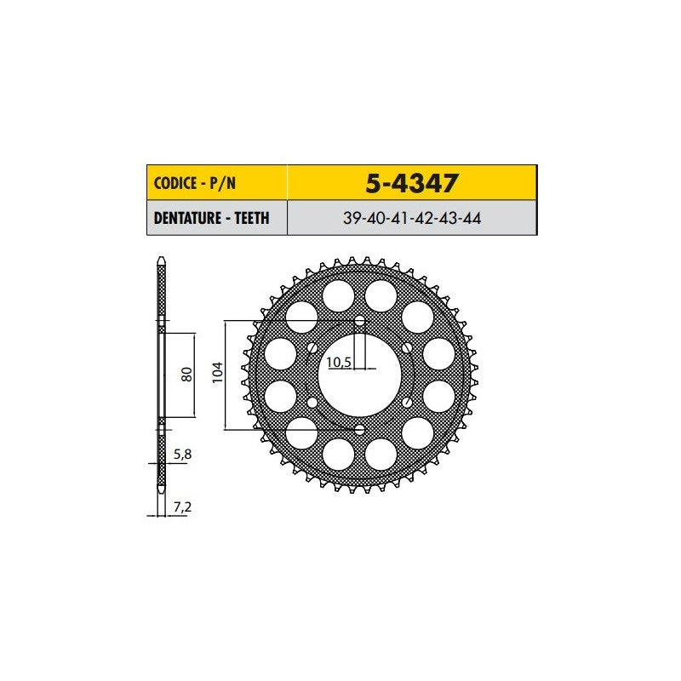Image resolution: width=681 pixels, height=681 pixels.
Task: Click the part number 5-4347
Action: click(x=411, y=183)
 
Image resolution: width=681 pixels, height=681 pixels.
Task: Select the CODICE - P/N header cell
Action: click(x=217, y=183)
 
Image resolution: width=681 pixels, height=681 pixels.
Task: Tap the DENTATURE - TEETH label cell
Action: click(x=217, y=218)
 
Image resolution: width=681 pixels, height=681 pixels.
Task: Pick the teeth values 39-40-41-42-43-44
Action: click(x=412, y=218)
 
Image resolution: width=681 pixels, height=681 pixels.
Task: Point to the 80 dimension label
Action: click(x=186, y=375)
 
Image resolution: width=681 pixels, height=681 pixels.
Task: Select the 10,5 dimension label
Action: click(x=339, y=362)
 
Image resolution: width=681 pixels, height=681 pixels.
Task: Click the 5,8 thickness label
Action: click(x=182, y=455)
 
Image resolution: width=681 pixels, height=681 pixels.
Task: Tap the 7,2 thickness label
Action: click(x=182, y=506)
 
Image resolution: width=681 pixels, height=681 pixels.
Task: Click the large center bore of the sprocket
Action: click(x=359, y=375)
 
